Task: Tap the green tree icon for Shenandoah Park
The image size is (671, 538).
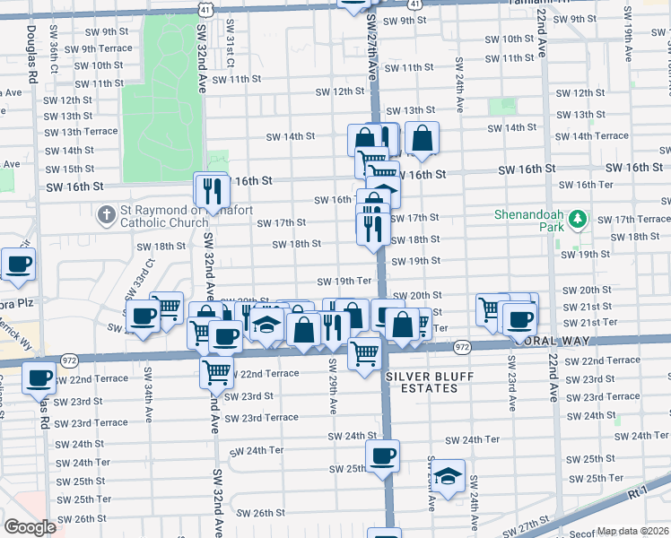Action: tap(579, 218)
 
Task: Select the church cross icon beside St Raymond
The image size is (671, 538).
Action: tap(106, 215)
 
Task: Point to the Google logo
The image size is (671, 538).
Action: tap(30, 527)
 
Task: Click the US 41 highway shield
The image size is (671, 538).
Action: tap(205, 7)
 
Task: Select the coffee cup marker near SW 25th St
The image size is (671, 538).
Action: tap(383, 456)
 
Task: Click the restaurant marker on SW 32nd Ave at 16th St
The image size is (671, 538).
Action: tap(212, 190)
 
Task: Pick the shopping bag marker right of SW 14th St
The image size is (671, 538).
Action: tap(422, 139)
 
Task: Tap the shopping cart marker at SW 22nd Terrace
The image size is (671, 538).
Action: tap(216, 370)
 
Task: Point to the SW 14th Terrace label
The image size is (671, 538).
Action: tap(599, 136)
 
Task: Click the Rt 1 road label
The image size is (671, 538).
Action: tap(639, 492)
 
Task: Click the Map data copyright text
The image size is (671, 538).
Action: tap(633, 531)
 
